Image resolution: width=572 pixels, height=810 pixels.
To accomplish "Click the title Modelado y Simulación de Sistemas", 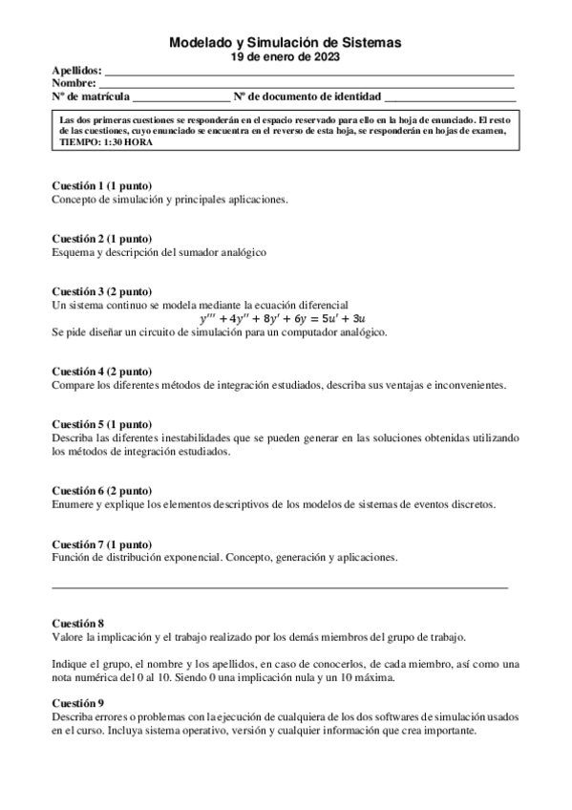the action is point(285,43).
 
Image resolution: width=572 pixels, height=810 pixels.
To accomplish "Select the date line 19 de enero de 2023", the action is point(285,57).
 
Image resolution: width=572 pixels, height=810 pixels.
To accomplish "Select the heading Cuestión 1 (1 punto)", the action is point(101,184).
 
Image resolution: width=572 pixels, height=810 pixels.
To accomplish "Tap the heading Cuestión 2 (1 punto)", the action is point(101,238).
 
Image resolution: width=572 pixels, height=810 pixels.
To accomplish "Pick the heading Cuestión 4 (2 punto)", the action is point(101,371).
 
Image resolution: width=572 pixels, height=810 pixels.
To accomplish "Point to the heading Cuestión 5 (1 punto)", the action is point(101,423).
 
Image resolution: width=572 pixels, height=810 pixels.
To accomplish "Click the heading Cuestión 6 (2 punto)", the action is point(101,490).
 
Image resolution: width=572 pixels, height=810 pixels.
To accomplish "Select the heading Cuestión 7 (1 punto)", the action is point(101,543).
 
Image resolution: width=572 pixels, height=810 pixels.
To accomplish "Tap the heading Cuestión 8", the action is point(77,623).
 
